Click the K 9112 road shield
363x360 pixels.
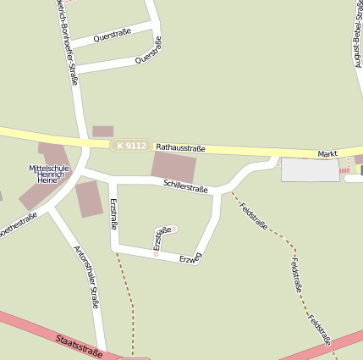pyautogui.click(x=131, y=146)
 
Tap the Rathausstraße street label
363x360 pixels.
pyautogui.click(x=181, y=148)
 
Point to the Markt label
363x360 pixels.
pyautogui.click(x=327, y=153)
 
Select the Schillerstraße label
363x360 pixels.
pyautogui.click(x=185, y=186)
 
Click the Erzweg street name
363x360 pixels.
pyautogui.click(x=190, y=258)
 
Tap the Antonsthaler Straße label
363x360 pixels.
pyautogui.click(x=87, y=276)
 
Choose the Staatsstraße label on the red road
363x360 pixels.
pyautogui.click(x=78, y=346)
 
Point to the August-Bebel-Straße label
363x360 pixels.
pyautogui.click(x=349, y=37)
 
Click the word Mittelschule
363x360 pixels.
pyautogui.click(x=49, y=168)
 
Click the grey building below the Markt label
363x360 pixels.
pyautogui.click(x=310, y=169)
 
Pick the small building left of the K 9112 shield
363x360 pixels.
pyautogui.click(x=102, y=131)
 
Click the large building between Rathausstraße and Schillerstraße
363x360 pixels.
pyautogui.click(x=173, y=165)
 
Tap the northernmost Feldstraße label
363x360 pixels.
pyautogui.click(x=253, y=216)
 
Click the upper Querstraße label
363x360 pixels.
pyautogui.click(x=112, y=37)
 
